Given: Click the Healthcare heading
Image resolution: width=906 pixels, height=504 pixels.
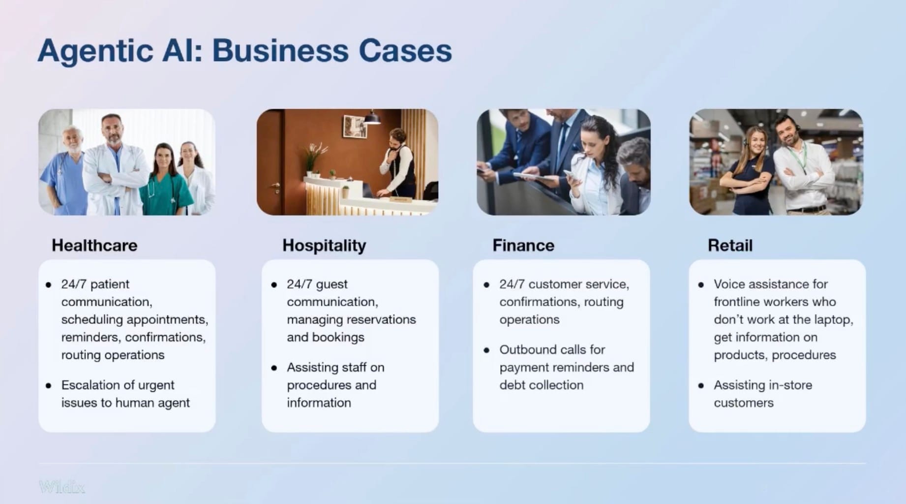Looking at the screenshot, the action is point(94,245).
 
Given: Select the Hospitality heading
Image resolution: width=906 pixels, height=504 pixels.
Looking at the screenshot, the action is point(324,246).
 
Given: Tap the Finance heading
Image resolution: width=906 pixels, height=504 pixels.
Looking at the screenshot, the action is point(523,245).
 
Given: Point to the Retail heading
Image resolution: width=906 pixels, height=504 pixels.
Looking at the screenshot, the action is point(730,245).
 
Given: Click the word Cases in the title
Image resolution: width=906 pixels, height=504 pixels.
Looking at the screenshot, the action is point(405,51).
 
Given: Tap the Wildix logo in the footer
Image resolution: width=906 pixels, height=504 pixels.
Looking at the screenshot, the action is point(62,487).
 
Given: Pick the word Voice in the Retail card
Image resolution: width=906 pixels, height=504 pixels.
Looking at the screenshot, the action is point(729,284).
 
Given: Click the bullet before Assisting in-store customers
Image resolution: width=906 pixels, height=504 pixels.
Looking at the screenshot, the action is point(701,385).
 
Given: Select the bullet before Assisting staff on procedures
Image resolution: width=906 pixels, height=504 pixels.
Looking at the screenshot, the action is point(274,368).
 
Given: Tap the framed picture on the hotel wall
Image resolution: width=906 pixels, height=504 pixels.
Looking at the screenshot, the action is point(355,126).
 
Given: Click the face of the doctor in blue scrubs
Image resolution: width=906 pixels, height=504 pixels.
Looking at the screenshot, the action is point(73,139).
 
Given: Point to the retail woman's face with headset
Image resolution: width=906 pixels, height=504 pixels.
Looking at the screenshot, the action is point(756,141).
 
